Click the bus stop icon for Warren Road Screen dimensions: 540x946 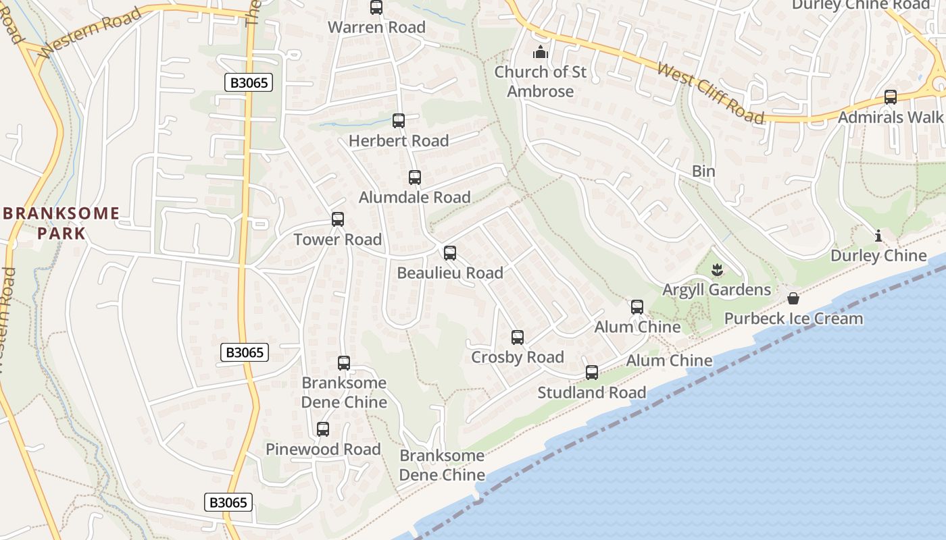376,7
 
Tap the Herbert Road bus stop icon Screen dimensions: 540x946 399,121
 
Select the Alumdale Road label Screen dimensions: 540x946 414,198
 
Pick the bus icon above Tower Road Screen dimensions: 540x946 338,219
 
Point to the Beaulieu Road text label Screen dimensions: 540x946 450,273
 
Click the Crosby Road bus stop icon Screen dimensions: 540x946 518,337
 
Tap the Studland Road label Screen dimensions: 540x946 591,393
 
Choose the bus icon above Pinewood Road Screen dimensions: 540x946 323,429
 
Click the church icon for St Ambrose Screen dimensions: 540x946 541,52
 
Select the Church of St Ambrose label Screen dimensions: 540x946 541,82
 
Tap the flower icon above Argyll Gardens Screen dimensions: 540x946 717,271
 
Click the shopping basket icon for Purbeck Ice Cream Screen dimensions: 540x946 793,298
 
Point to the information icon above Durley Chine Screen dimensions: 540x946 878,236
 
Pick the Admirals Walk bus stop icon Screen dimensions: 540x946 891,97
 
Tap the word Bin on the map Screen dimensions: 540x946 703,171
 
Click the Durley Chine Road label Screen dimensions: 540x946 860,5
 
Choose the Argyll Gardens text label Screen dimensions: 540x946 716,290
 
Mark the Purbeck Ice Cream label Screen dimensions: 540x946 793,319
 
